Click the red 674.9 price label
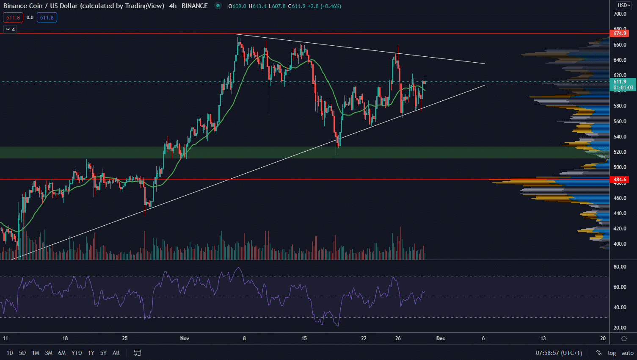click(619, 33)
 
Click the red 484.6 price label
click(619, 180)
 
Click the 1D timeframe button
click(10, 353)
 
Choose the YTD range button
click(77, 353)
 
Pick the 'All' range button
click(116, 353)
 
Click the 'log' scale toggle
click(612, 353)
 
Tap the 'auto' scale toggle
click(628, 353)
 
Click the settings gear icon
click(624, 338)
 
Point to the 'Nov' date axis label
click(185, 338)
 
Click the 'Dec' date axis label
click(441, 338)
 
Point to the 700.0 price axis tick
click(620, 14)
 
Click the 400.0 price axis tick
click(620, 244)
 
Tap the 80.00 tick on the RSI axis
click(620, 267)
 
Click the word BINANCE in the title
click(195, 6)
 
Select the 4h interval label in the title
click(173, 6)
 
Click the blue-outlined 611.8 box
click(47, 17)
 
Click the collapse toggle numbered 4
click(10, 29)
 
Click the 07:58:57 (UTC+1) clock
click(559, 353)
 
